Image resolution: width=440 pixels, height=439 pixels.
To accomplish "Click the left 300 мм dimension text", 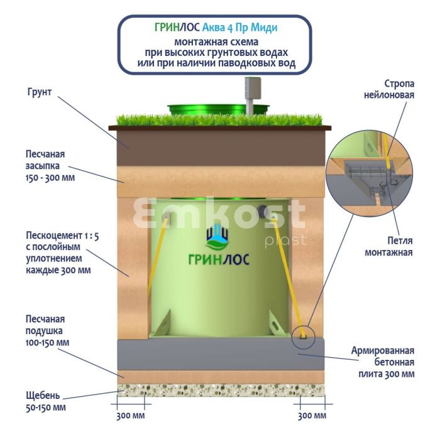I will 131,416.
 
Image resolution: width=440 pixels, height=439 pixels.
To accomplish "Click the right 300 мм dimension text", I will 311,416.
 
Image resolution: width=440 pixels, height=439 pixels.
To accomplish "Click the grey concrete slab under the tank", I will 220,355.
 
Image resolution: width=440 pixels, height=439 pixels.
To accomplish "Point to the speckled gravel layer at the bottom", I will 220,390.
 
